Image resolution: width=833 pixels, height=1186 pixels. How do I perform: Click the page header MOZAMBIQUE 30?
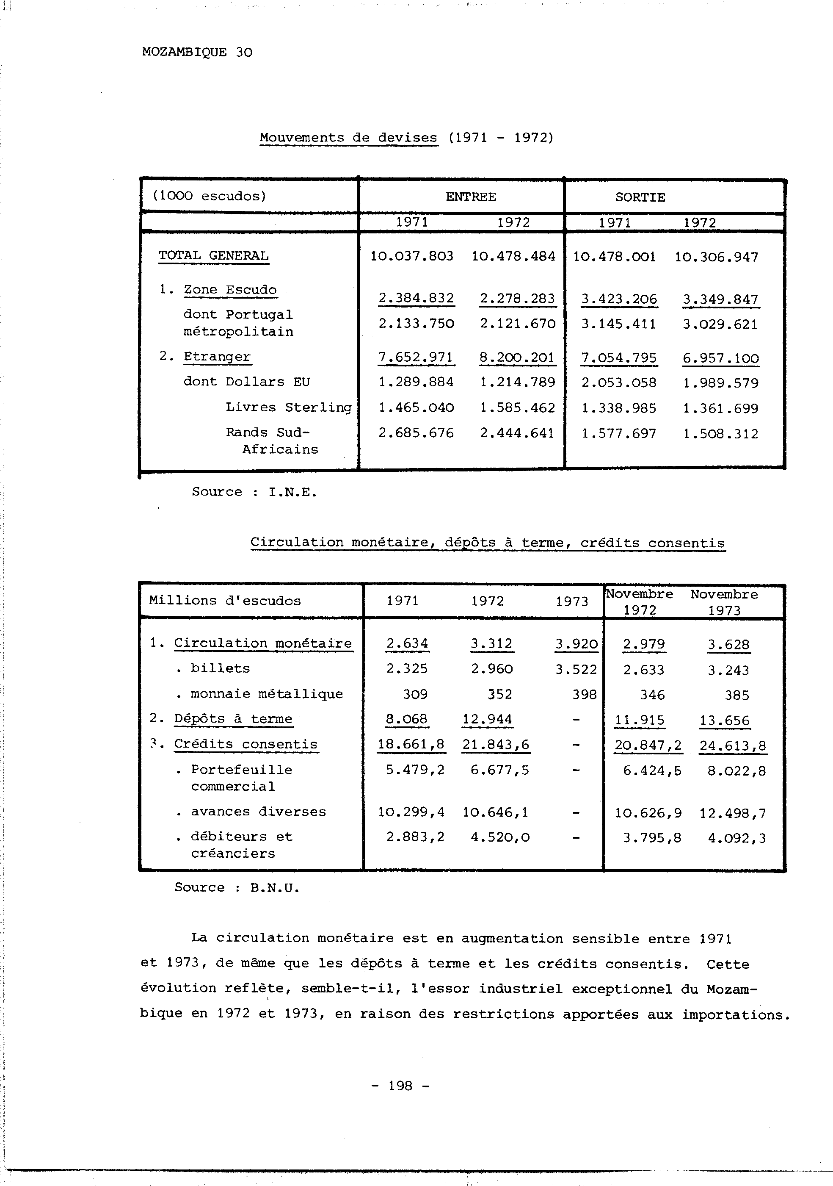(197, 52)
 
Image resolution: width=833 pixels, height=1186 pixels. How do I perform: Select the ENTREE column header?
(470, 197)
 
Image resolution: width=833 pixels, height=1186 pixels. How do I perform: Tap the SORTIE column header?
(640, 197)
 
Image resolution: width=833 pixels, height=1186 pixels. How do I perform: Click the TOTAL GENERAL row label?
(213, 256)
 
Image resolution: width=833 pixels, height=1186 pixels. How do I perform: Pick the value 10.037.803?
(412, 256)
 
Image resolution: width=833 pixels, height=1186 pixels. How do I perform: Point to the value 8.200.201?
(517, 357)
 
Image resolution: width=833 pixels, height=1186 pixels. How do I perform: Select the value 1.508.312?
(720, 434)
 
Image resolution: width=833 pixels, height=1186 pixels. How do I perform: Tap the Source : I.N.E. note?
(254, 492)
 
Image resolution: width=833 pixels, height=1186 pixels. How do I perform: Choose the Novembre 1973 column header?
(724, 602)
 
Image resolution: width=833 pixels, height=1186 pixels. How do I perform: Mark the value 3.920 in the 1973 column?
(576, 644)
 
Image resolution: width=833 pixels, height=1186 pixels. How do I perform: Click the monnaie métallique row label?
(266, 694)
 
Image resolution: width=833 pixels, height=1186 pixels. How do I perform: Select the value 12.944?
(487, 719)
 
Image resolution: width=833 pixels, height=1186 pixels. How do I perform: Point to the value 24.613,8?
(732, 746)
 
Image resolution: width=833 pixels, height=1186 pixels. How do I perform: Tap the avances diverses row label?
(258, 812)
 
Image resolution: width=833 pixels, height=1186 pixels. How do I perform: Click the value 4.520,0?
(499, 837)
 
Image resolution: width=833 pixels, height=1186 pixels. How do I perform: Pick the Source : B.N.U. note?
(237, 887)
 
